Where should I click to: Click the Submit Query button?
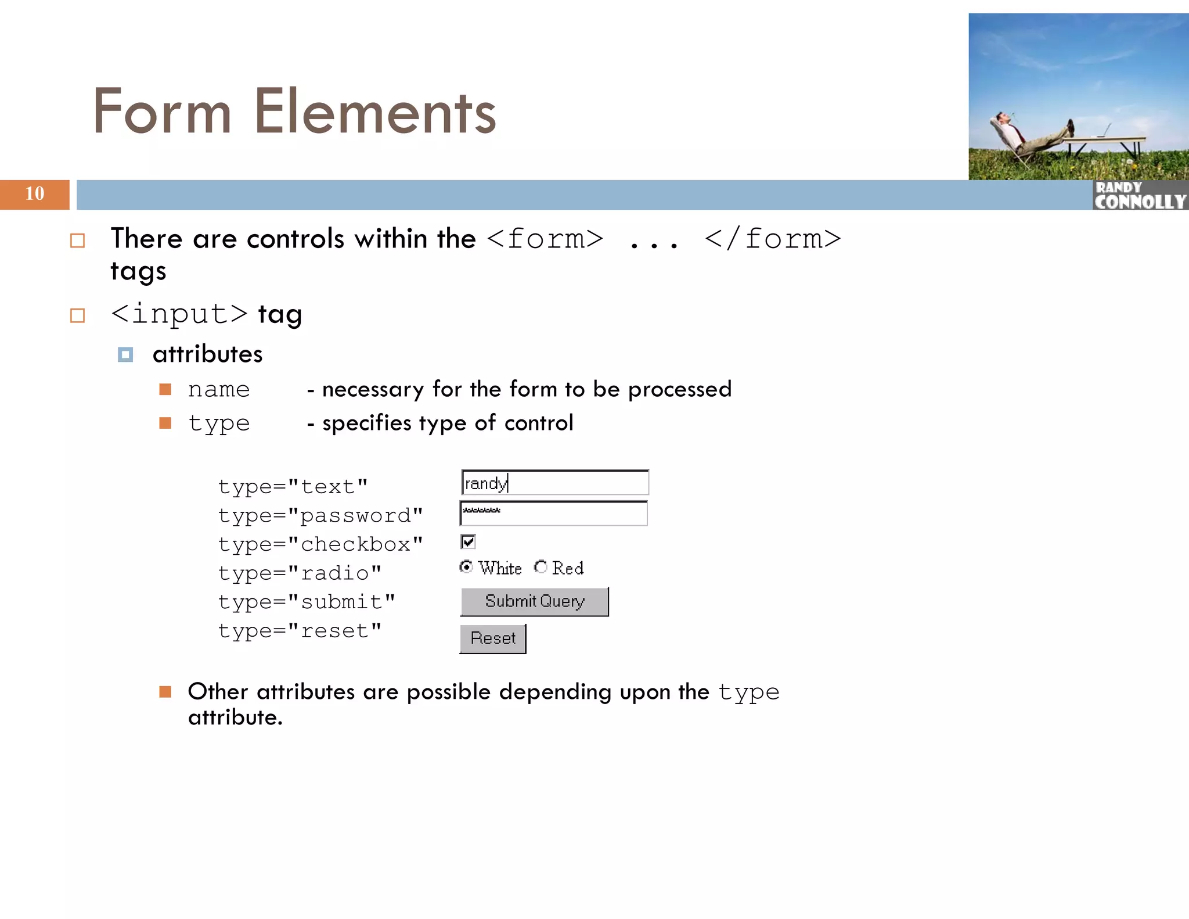click(x=534, y=601)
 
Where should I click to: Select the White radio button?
click(x=466, y=566)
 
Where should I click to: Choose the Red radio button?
click(x=541, y=566)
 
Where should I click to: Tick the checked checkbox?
click(x=468, y=541)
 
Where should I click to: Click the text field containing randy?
click(x=554, y=483)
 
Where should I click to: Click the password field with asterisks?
click(x=553, y=514)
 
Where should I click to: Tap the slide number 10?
click(x=34, y=193)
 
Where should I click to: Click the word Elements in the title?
click(x=375, y=112)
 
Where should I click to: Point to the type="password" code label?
click(x=320, y=515)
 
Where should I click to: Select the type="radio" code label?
click(x=300, y=573)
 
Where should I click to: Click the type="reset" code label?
click(x=300, y=630)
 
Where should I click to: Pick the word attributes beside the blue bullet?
click(x=207, y=354)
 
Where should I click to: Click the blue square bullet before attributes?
click(x=125, y=354)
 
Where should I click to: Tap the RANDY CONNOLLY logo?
click(x=1139, y=195)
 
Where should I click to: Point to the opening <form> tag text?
click(x=545, y=239)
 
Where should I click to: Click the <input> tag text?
click(x=179, y=314)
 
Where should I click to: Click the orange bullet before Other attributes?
click(x=165, y=691)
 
